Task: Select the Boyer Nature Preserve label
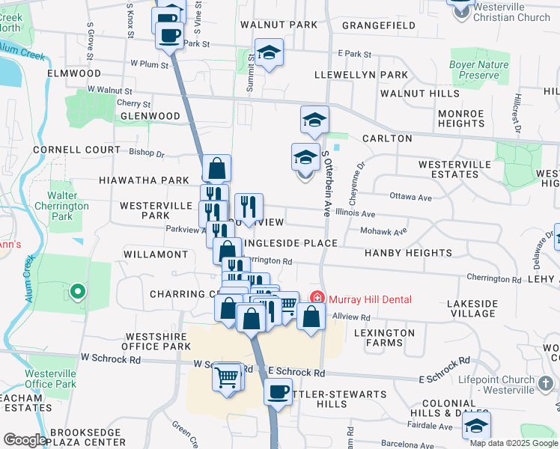[x=478, y=70]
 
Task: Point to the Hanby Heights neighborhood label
[x=408, y=254]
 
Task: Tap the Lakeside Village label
[x=472, y=308]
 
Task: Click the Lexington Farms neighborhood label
[x=384, y=337]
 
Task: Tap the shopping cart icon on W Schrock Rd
[x=227, y=376]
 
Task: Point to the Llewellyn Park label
[x=361, y=75]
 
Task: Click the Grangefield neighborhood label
[x=379, y=25]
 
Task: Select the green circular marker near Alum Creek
[x=76, y=291]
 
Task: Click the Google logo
[x=25, y=440]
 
